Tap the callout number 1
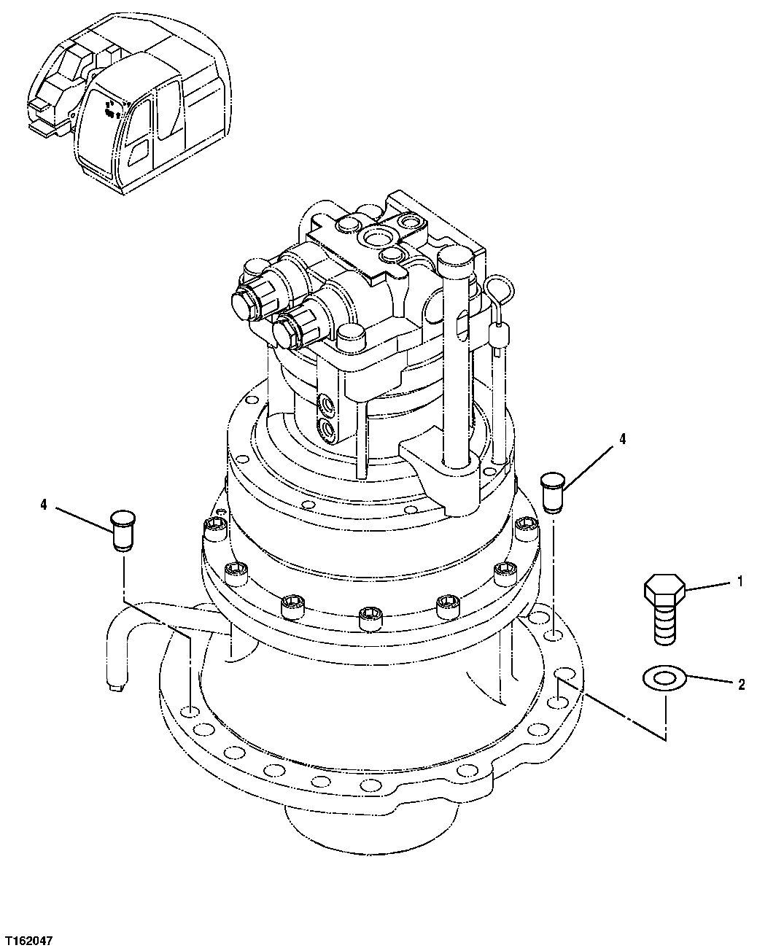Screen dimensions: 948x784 coord(740,581)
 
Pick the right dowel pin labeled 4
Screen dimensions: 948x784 coord(554,492)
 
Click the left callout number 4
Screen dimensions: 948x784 coord(44,504)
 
